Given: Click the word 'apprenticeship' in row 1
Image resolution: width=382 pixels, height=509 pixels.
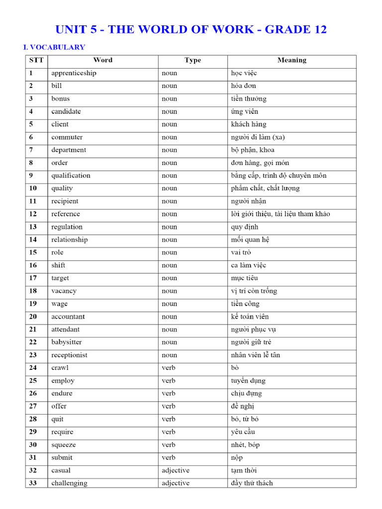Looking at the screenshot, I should (x=74, y=74).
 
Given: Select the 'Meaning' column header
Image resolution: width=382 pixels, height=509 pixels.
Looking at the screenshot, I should (x=291, y=60).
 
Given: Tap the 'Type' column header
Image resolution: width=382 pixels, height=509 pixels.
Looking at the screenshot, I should (x=192, y=60).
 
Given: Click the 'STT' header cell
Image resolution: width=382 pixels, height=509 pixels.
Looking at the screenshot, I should (x=36, y=60).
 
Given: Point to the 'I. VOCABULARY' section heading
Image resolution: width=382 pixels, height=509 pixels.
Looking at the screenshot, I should (x=54, y=47).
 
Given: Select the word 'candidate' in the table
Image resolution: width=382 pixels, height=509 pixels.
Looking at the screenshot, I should (x=66, y=111).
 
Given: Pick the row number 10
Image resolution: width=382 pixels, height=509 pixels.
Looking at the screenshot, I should (x=33, y=188).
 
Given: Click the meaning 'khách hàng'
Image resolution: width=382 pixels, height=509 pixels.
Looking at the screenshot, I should (x=248, y=124).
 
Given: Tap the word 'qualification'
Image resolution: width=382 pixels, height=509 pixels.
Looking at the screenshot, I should (x=71, y=175).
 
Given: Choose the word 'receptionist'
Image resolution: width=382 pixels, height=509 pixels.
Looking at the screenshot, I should (x=69, y=355).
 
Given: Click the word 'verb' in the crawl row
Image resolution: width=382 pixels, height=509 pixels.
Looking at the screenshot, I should (x=169, y=368).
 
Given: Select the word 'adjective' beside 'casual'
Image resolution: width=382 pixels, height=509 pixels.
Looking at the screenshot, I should (x=175, y=470).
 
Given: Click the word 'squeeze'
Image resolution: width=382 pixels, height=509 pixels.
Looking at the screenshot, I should (x=64, y=445).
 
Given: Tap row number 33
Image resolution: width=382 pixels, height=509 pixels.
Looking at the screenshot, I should (x=33, y=483).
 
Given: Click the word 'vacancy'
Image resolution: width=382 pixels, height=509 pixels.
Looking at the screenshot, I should (x=64, y=291).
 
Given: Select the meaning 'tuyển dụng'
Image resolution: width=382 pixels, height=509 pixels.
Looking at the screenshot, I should (x=248, y=381).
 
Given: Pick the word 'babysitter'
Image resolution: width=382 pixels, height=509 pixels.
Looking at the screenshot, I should (x=67, y=342).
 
